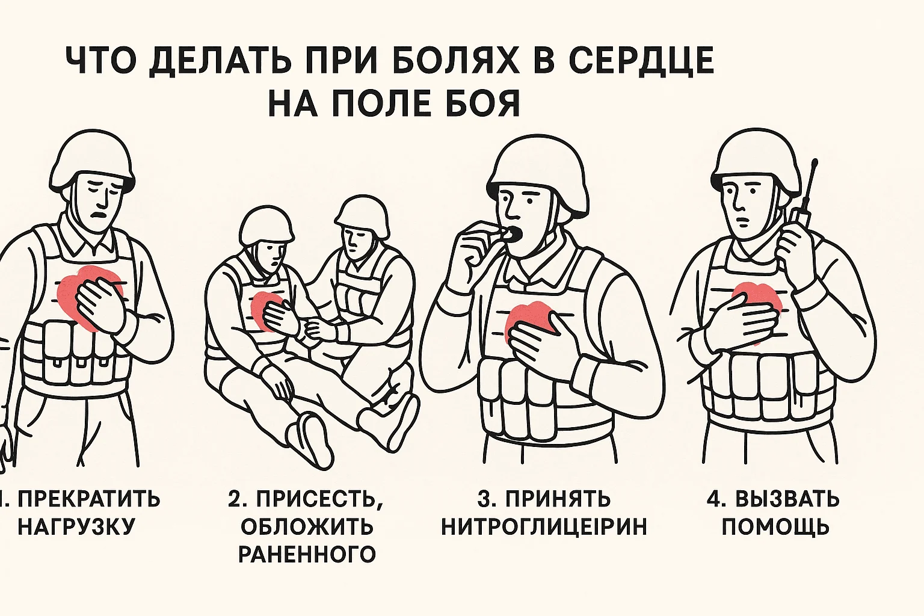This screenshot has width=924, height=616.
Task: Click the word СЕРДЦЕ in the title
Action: coord(641,61)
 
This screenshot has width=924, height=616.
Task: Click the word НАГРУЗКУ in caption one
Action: coord(77,526)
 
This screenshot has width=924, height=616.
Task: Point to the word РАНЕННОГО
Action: coord(307,554)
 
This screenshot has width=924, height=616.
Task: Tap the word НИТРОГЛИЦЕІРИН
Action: coord(544,526)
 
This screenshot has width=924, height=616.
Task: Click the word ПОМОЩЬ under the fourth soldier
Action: coord(775,526)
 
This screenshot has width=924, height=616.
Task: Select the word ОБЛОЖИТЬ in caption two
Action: coord(307,526)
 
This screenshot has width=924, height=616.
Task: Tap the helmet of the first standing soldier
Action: coord(93,162)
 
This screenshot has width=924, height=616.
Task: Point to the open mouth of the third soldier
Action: coord(514,235)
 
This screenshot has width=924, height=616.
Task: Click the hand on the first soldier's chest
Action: coord(100,303)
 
